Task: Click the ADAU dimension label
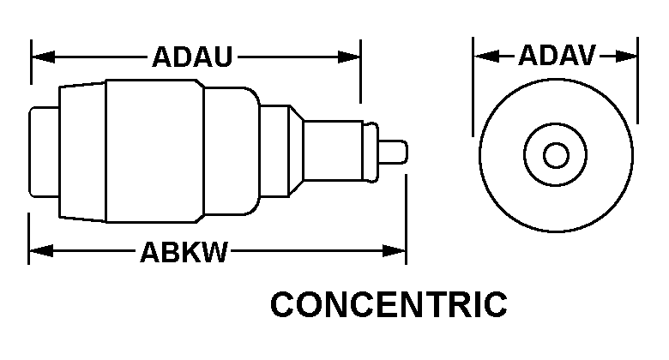click(192, 57)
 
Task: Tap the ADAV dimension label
click(557, 55)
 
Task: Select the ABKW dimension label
click(184, 252)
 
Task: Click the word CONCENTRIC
click(389, 304)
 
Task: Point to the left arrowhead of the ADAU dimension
click(43, 57)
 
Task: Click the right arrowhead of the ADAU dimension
click(349, 57)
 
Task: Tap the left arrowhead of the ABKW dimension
click(41, 251)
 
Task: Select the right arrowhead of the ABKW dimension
click(394, 251)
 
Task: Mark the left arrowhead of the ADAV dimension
click(486, 56)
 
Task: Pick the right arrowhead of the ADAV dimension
click(626, 56)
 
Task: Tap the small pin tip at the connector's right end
click(393, 152)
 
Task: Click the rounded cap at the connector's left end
click(44, 152)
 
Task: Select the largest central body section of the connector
click(155, 151)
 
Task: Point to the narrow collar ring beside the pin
click(371, 153)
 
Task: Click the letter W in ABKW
click(215, 252)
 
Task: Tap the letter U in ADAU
click(223, 57)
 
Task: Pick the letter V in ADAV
click(586, 55)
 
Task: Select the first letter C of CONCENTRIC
click(284, 304)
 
